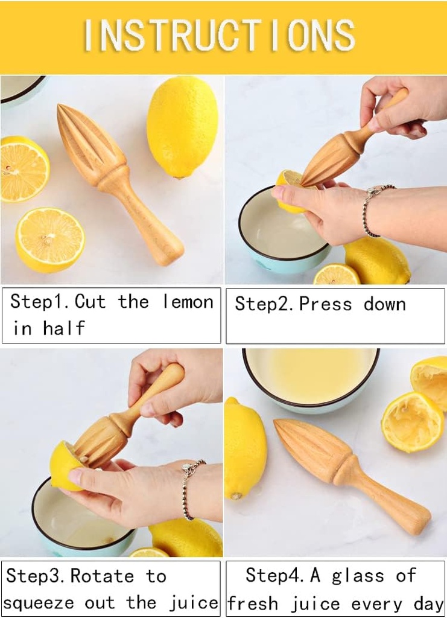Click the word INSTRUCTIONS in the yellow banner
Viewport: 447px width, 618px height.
click(x=220, y=35)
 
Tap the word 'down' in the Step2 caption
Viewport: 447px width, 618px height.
click(x=384, y=304)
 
